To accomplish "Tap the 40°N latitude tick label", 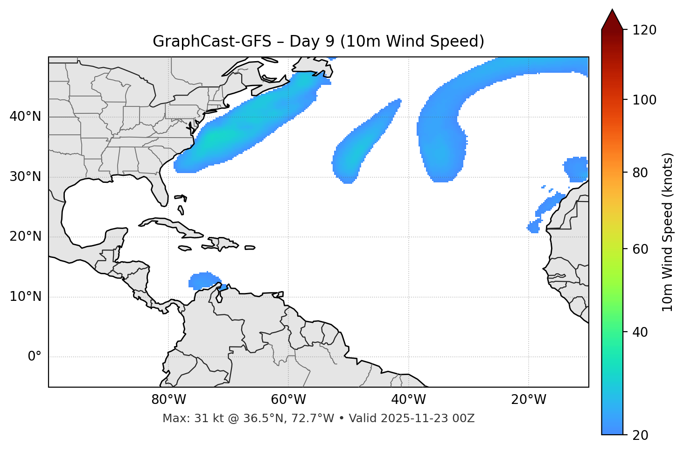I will pyautogui.click(x=25, y=117).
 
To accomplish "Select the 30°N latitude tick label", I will pyautogui.click(x=25, y=177).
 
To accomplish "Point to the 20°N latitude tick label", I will pyautogui.click(x=25, y=236).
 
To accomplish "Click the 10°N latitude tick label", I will pyautogui.click(x=25, y=297).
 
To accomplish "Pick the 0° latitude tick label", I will pyautogui.click(x=35, y=357).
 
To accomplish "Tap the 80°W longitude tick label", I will pyautogui.click(x=168, y=400).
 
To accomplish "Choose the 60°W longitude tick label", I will pyautogui.click(x=288, y=400).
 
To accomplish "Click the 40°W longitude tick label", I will pyautogui.click(x=408, y=400).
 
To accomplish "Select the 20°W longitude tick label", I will pyautogui.click(x=528, y=400).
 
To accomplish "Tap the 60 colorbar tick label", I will pyautogui.click(x=641, y=249).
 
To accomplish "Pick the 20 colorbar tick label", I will pyautogui.click(x=641, y=435).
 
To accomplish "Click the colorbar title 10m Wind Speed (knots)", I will pyautogui.click(x=668, y=232).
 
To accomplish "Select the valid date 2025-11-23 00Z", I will pyautogui.click(x=427, y=418).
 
